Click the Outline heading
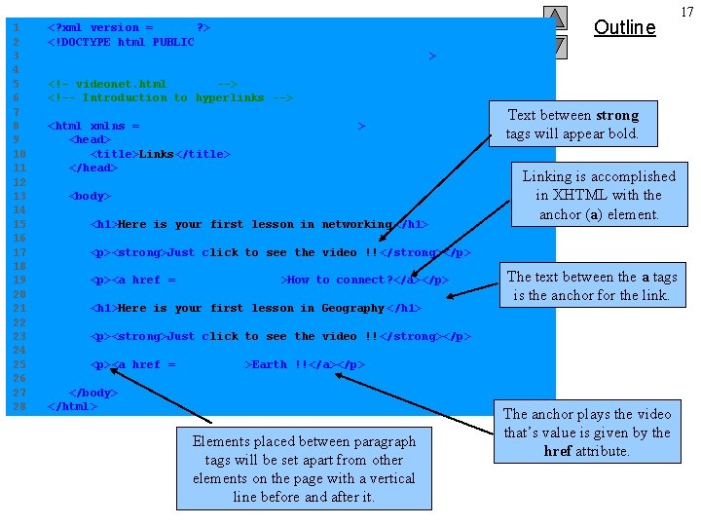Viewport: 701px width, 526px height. pos(624,27)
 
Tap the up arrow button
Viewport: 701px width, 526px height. pos(554,18)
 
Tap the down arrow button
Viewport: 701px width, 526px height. pos(554,46)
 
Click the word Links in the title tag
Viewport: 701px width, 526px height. pos(157,154)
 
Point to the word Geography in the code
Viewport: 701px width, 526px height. pos(353,308)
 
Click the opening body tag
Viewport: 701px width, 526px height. pos(90,196)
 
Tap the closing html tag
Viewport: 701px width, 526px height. pos(72,406)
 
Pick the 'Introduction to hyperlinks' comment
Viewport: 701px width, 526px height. pos(170,97)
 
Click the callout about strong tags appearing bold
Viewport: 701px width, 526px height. pos(572,125)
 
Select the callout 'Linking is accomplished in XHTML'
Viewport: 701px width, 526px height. pos(598,195)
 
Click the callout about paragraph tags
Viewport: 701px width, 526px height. pos(304,469)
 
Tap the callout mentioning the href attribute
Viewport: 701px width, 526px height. pos(586,432)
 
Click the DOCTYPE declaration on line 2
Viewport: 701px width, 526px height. pos(121,42)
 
